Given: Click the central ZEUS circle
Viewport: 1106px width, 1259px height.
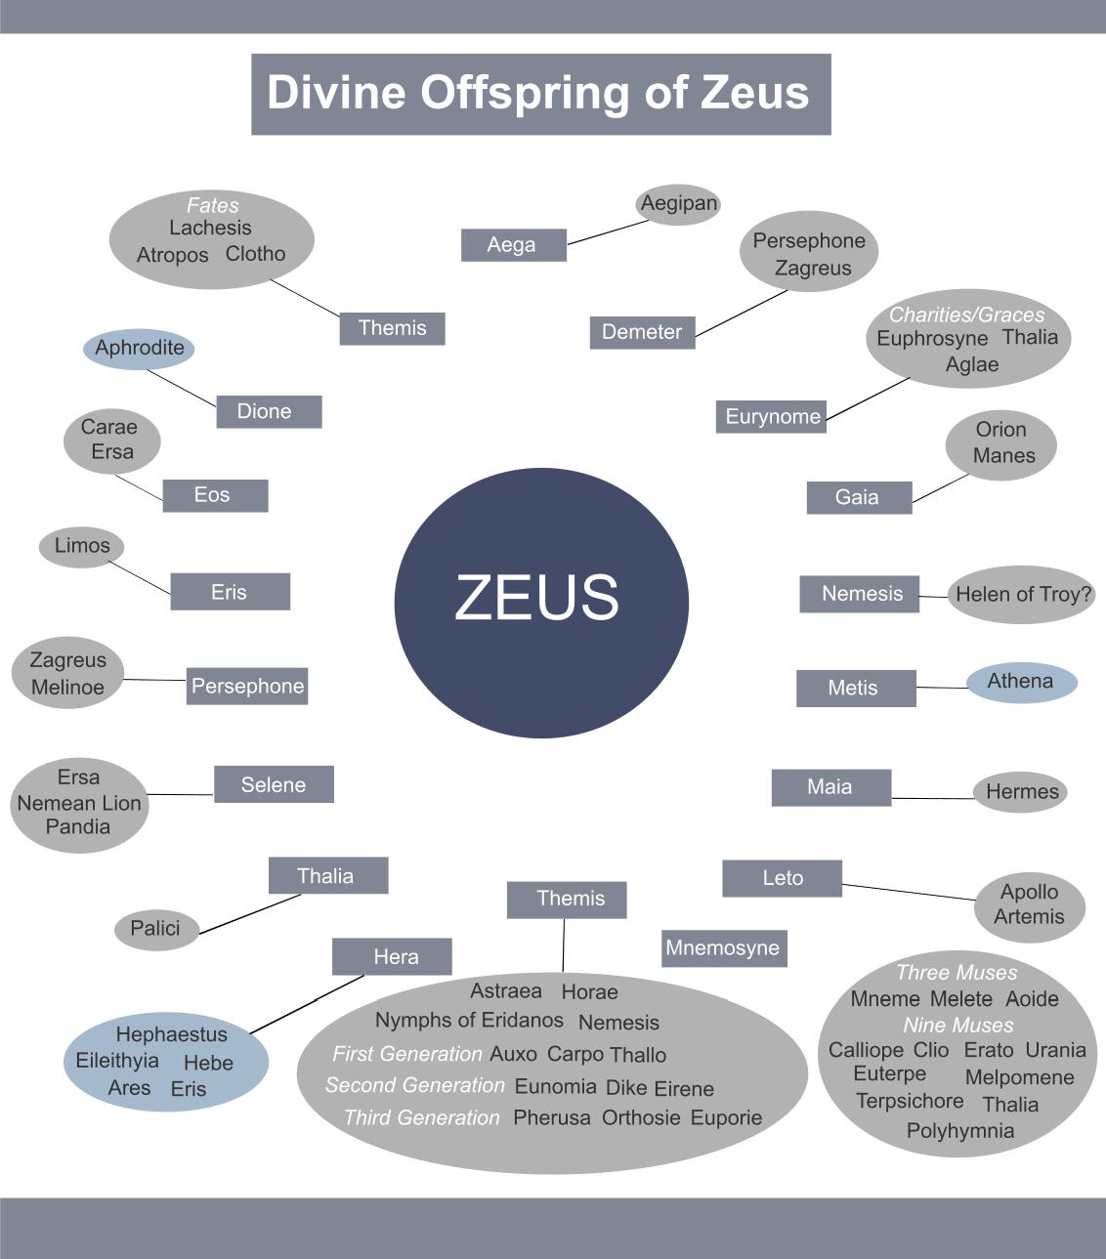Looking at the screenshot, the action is (541, 602).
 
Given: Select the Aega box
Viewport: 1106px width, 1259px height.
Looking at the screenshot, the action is (513, 245).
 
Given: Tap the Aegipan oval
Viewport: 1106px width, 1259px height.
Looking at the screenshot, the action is (679, 204).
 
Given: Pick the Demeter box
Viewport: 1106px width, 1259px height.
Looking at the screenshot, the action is (642, 332).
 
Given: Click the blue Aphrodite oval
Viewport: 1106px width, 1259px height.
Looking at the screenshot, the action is (140, 349).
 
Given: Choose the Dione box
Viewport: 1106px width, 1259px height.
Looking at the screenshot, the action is (269, 411).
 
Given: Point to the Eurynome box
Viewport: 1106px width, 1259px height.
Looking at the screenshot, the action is (772, 417).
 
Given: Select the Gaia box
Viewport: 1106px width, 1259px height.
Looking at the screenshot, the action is (858, 497).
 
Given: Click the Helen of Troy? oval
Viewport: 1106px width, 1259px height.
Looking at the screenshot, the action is (1022, 594).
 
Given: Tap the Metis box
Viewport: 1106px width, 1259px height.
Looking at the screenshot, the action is (856, 688).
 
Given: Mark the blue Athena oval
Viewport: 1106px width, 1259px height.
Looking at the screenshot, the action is (1022, 682).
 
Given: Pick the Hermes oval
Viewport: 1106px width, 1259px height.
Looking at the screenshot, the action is (1021, 792).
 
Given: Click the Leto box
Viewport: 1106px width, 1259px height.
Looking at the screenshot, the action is (782, 878).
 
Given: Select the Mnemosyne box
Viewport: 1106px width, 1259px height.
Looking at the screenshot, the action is (723, 948).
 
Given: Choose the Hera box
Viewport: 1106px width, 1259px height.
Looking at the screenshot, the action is (392, 957).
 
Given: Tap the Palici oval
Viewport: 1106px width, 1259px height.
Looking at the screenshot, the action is (156, 928).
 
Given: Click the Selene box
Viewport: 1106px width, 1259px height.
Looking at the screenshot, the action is (274, 784).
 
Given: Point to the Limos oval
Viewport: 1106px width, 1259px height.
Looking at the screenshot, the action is (82, 546).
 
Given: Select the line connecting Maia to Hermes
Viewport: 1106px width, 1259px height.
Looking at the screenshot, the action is (932, 798).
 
